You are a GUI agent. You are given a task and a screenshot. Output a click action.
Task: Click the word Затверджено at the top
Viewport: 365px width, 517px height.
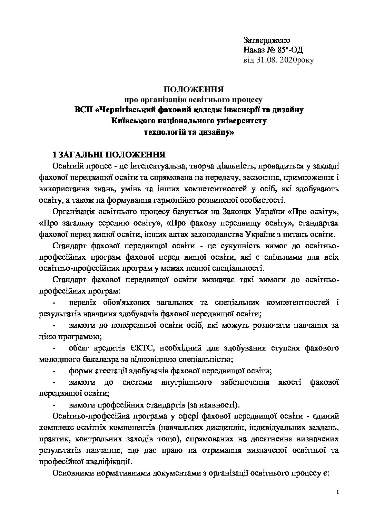267,40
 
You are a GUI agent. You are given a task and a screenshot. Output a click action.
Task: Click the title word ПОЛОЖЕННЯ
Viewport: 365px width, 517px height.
194,90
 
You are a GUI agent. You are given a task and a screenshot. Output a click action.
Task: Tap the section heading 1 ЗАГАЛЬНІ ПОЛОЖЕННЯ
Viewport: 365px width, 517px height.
108,154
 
